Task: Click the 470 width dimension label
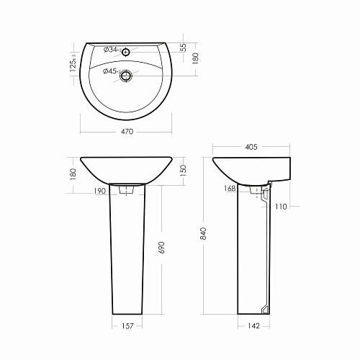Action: [127, 132]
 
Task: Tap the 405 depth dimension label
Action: [251, 147]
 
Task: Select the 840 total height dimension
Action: [203, 233]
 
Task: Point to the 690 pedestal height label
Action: [162, 248]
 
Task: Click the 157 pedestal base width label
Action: [127, 326]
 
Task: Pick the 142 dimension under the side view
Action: [253, 326]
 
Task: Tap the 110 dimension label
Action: [281, 207]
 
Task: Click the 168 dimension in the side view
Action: [230, 189]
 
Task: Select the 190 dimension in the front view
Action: [99, 191]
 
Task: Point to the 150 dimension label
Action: [183, 171]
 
